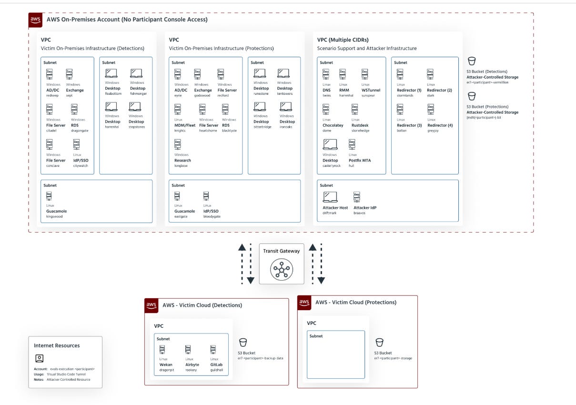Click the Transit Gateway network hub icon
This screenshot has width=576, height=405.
[x=281, y=270]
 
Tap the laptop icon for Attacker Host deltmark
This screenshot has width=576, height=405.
[x=330, y=197]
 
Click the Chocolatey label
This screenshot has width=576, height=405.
[x=333, y=125]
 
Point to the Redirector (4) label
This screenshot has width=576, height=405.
[x=440, y=125]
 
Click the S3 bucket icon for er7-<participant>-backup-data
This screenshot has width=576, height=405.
[x=243, y=342]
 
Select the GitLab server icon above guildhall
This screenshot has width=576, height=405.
[x=213, y=350]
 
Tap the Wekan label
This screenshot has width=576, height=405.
[x=166, y=364]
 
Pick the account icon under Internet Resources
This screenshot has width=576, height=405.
[x=40, y=358]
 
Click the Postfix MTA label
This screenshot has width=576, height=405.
[x=360, y=161]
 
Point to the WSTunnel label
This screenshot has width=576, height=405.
[x=371, y=90]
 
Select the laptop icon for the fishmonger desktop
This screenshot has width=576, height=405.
[x=137, y=73]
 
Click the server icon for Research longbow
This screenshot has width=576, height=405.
[x=178, y=144]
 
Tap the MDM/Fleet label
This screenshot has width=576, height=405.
[x=185, y=125]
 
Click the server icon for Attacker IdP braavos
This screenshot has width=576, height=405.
[x=357, y=197]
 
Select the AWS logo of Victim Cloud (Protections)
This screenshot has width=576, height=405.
[x=304, y=303]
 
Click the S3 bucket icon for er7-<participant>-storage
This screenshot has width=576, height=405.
[x=380, y=342]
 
